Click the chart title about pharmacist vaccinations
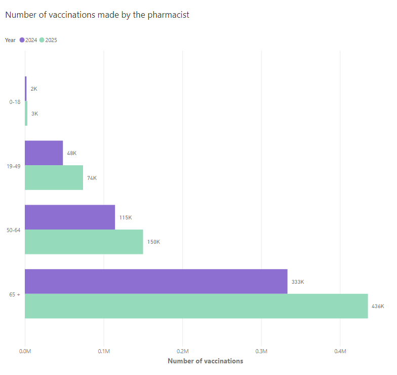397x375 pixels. (x=97, y=15)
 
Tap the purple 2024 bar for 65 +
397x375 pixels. (x=156, y=281)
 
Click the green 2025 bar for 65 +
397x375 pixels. (x=196, y=306)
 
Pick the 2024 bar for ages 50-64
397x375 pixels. (x=70, y=217)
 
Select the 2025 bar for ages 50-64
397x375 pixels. (x=84, y=242)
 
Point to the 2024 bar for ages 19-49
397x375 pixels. (x=44, y=153)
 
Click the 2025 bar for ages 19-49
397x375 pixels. (x=54, y=177)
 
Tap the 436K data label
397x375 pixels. (x=378, y=306)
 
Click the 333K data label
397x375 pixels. (x=298, y=282)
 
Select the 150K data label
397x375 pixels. (x=153, y=242)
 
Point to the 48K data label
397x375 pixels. (x=71, y=153)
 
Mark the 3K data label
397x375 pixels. (x=34, y=114)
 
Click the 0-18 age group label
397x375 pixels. (x=15, y=102)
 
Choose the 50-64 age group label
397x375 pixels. (x=14, y=230)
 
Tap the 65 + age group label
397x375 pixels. (x=15, y=294)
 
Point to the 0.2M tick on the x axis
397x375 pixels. (x=183, y=351)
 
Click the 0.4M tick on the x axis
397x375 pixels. (x=340, y=351)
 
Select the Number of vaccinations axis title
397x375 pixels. (x=205, y=361)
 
